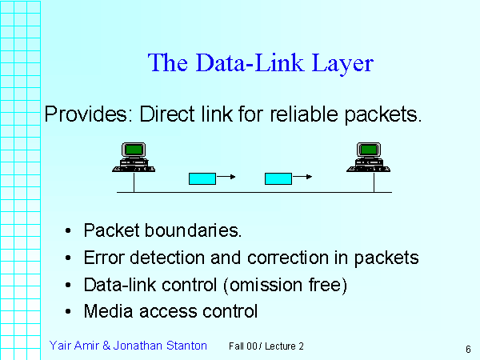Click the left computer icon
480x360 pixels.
(133, 157)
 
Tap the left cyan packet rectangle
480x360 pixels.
(202, 178)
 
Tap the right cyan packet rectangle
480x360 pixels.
(278, 178)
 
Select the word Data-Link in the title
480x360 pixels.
(246, 63)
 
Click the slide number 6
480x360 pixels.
(466, 349)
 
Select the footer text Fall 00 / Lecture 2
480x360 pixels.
(266, 346)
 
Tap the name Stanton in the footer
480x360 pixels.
(184, 346)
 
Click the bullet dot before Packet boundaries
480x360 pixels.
(70, 232)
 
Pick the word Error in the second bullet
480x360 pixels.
(102, 258)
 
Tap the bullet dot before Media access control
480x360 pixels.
(70, 311)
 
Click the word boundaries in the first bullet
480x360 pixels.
(195, 231)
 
